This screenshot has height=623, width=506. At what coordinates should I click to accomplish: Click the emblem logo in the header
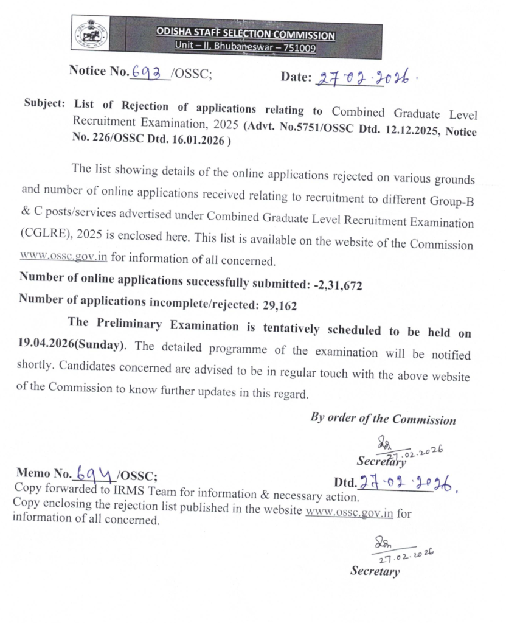pyautogui.click(x=86, y=36)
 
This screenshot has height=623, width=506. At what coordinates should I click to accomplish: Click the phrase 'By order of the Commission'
pyautogui.click(x=383, y=419)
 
